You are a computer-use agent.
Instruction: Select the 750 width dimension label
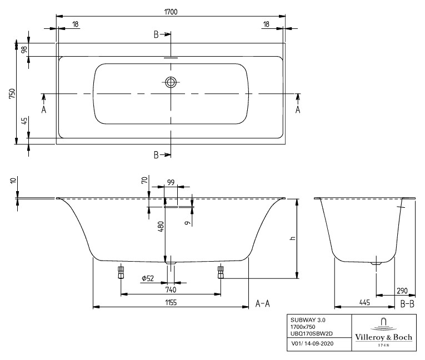12,93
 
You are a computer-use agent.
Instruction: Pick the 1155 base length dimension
171,301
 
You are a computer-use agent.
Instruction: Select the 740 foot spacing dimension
171,289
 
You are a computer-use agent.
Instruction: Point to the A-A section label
262,303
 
